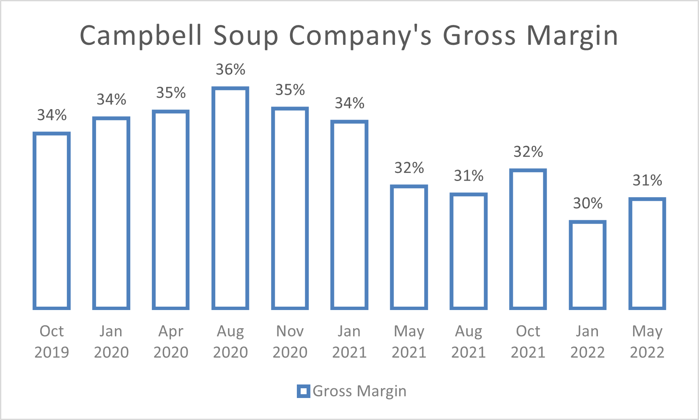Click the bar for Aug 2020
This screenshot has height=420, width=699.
(x=230, y=198)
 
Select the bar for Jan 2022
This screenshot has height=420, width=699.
(x=588, y=265)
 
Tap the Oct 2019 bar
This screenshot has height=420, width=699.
(x=52, y=221)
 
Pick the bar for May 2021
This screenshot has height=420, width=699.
(x=409, y=247)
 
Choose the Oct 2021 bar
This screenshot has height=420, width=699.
(x=528, y=239)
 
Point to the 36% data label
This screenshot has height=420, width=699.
(x=230, y=69)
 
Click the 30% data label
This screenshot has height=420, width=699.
(x=588, y=203)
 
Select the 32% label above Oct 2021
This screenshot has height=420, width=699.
(x=528, y=152)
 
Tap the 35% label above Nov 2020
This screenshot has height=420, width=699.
(x=290, y=90)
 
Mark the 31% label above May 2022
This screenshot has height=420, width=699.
(x=647, y=181)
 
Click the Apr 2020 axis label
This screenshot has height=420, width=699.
(x=171, y=342)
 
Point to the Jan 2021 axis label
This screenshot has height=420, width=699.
(x=349, y=342)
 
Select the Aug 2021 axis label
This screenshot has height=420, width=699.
(x=469, y=342)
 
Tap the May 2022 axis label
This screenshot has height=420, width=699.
(x=647, y=342)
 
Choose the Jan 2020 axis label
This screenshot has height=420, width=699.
(x=111, y=342)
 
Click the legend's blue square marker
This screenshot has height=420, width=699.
(x=303, y=391)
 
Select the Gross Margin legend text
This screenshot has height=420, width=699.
(x=359, y=391)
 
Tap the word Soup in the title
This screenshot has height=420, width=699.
(x=246, y=36)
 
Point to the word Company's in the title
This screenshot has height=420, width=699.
(x=360, y=36)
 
